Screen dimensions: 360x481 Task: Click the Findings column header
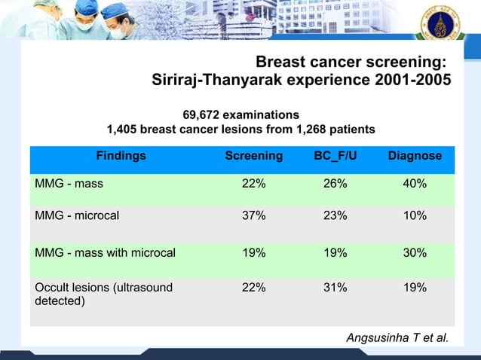point(121,156)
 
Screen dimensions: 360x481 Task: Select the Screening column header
point(254,156)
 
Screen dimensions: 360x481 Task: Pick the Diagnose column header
point(415,156)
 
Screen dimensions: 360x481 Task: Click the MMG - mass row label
point(69,183)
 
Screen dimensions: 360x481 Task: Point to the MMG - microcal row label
point(77,215)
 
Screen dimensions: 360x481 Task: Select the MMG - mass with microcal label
point(106,253)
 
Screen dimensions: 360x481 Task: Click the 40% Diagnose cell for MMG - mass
point(415,183)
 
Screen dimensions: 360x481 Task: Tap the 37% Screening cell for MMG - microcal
point(253,215)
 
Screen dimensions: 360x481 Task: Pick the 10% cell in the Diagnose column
point(415,215)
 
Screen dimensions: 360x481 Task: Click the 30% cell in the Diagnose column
point(415,253)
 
